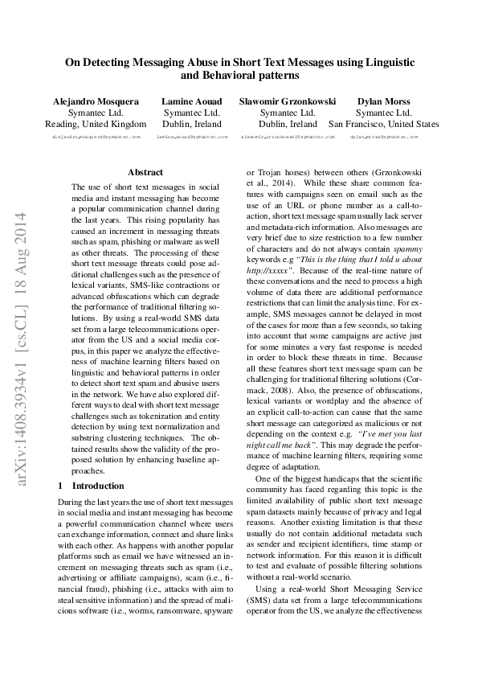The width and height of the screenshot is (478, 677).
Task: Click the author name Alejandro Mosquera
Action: pos(96,101)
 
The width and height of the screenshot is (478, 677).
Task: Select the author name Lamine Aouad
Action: pos(186,101)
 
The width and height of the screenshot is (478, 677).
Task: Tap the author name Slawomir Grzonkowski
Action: pos(288,101)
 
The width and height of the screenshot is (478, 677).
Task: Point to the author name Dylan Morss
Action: pos(383,101)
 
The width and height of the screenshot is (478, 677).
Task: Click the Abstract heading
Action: pos(145,172)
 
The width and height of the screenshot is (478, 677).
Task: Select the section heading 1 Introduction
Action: pos(92,486)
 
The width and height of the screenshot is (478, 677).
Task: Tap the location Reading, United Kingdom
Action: pos(96,125)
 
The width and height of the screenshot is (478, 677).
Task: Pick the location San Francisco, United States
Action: pos(383,125)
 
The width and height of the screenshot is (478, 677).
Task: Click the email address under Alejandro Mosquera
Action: pos(96,137)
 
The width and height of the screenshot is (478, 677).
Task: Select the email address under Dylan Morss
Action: pos(383,137)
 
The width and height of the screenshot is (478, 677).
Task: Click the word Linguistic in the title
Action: pos(382,61)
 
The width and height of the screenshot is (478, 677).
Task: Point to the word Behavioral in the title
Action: pos(228,76)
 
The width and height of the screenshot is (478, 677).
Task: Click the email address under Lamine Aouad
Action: pos(186,137)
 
